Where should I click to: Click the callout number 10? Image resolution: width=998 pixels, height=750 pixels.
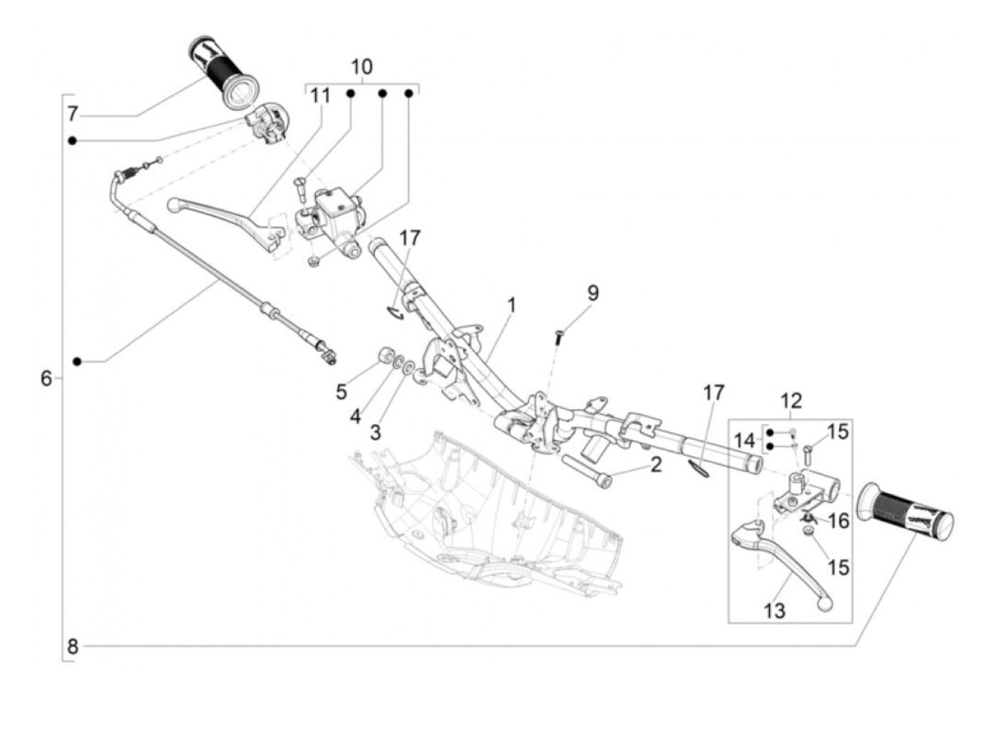point(361,67)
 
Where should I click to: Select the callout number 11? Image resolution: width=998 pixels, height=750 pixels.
point(321,96)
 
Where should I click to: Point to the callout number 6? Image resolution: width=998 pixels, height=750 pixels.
point(46,378)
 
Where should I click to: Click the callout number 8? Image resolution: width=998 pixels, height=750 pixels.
point(72,647)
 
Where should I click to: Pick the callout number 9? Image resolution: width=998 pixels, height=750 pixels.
point(593,293)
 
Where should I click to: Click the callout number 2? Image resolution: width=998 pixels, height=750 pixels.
point(656,465)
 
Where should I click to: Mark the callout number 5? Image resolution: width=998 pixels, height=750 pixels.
point(341,391)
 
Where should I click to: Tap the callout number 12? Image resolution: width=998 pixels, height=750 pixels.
point(791,401)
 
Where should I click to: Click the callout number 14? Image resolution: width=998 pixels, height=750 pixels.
point(744,441)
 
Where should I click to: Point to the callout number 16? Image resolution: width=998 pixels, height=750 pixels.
point(839,521)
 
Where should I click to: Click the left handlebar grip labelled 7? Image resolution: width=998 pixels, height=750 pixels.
point(216,72)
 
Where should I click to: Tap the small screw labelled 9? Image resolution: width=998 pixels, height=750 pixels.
point(560,336)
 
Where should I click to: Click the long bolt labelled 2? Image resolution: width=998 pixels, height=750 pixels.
point(587,471)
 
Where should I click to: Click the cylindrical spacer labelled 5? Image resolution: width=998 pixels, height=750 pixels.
point(386,355)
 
